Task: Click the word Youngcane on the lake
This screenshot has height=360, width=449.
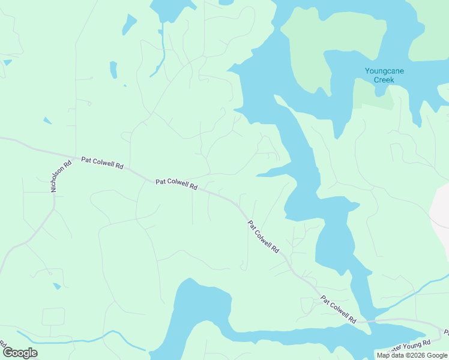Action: coord(384,71)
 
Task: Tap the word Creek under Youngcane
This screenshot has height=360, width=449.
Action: coord(384,79)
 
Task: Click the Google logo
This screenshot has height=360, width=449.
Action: coord(20,353)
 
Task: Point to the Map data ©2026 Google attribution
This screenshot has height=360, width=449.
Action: coord(411,355)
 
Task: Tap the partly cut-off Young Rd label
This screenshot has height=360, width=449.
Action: coord(411,345)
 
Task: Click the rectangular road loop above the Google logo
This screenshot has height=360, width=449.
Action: coord(53,317)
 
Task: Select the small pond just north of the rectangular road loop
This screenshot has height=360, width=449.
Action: coord(56,286)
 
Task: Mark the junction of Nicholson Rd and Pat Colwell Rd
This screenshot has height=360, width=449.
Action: coord(76,158)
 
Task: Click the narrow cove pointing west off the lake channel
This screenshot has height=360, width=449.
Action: coord(273,174)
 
